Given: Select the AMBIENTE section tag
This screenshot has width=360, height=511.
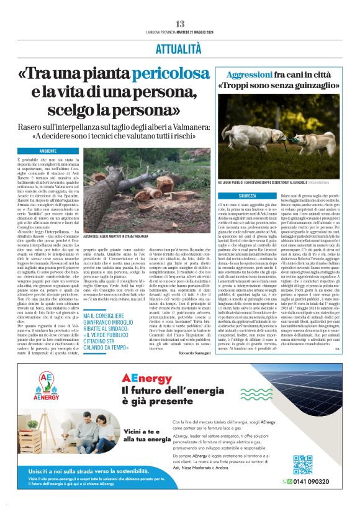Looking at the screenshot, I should pos(48,151).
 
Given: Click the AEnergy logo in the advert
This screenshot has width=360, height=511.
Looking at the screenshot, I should pos(46,383).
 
